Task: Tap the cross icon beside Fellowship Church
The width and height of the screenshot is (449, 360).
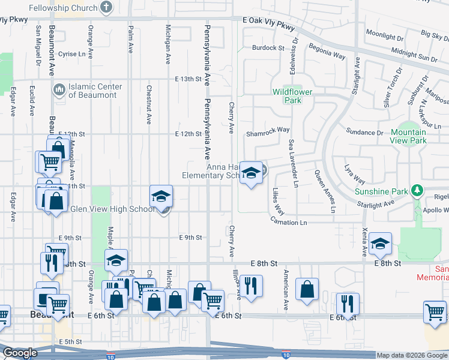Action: pyautogui.click(x=106, y=8)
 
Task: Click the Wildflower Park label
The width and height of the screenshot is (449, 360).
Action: pyautogui.click(x=287, y=96)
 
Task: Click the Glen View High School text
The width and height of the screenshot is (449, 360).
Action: pyautogui.click(x=112, y=209)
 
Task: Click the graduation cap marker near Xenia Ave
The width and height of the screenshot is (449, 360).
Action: pyautogui.click(x=381, y=244)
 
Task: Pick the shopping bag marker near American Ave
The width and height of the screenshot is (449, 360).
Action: pyautogui.click(x=307, y=289)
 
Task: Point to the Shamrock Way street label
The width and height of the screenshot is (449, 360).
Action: pyautogui.click(x=268, y=130)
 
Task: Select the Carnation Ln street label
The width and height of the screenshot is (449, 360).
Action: pyautogui.click(x=288, y=223)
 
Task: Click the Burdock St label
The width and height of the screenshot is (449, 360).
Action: pyautogui.click(x=268, y=47)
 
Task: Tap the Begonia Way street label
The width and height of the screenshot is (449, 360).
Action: pyautogui.click(x=327, y=50)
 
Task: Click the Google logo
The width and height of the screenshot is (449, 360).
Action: pyautogui.click(x=20, y=353)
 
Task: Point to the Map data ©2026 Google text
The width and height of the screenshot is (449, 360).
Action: pyautogui.click(x=411, y=355)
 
